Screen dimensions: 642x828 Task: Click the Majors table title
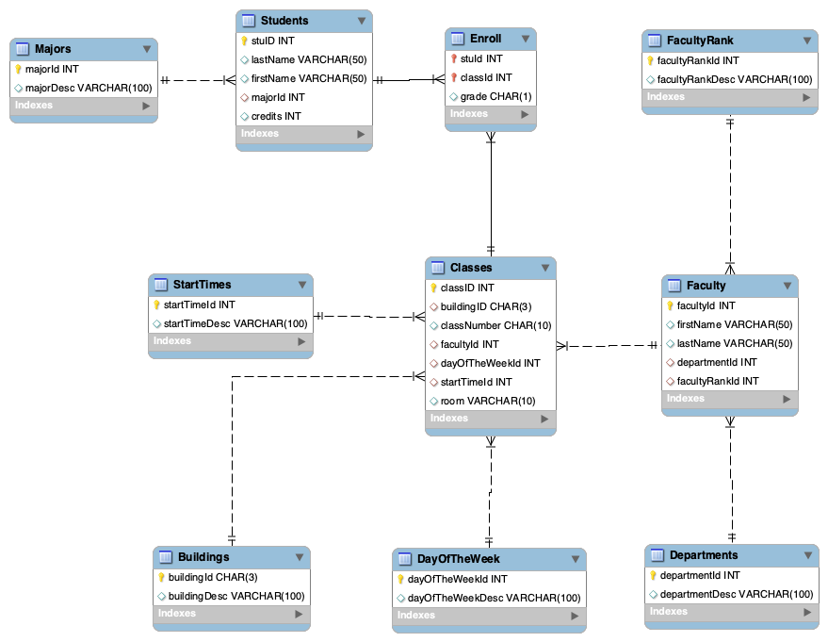[x=53, y=49]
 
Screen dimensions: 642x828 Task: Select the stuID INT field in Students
[x=273, y=41]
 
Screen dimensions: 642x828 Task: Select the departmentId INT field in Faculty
[x=717, y=362]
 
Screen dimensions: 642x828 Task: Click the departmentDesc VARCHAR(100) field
[x=736, y=594]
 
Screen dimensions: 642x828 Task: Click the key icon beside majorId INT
[x=18, y=69]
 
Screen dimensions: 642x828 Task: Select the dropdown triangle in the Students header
[x=362, y=21]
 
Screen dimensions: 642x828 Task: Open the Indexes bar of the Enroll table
[x=490, y=114]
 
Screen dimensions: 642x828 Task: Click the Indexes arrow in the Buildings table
[x=298, y=614]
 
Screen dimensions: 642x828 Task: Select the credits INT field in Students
[x=276, y=116]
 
